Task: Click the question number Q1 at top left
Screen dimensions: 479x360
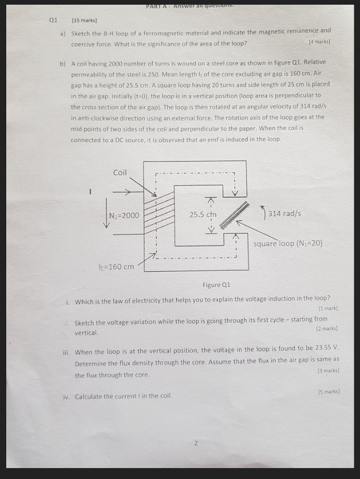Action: pyautogui.click(x=53, y=20)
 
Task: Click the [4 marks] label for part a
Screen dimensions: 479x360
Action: pyautogui.click(x=319, y=41)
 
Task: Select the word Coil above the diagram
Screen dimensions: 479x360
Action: pyautogui.click(x=119, y=172)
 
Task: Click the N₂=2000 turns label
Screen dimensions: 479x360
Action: pyautogui.click(x=124, y=216)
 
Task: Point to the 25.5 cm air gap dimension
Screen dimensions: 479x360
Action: pyautogui.click(x=203, y=215)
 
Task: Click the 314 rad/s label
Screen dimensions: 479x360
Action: pyautogui.click(x=284, y=213)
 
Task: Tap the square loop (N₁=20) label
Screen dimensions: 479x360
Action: pyautogui.click(x=288, y=243)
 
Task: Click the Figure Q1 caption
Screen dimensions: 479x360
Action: pyautogui.click(x=216, y=285)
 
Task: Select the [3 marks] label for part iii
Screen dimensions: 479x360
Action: pyautogui.click(x=328, y=370)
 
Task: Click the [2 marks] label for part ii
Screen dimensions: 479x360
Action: pyautogui.click(x=327, y=329)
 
